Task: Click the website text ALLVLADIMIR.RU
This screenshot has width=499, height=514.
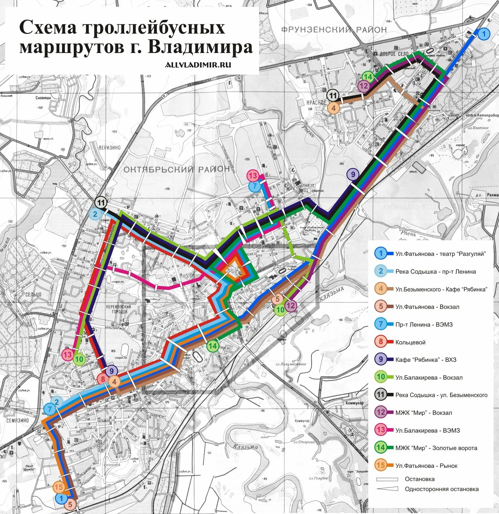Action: [198, 65]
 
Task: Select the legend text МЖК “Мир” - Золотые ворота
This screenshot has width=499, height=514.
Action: [436, 448]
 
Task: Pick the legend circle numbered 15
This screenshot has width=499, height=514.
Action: [381, 466]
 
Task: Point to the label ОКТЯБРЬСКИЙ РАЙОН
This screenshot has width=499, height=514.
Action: [176, 169]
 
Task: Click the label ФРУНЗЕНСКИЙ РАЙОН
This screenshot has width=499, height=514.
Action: [334, 30]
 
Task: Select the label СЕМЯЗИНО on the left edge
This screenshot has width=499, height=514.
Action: [17, 420]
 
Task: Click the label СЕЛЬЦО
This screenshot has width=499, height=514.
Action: [33, 294]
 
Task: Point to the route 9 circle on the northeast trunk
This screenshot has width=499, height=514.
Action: [353, 174]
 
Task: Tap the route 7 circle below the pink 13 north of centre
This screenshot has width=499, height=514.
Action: [255, 186]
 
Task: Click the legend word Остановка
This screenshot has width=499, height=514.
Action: [419, 479]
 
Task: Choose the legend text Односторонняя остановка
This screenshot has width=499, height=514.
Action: [441, 489]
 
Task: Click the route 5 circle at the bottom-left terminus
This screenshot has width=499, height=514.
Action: [71, 504]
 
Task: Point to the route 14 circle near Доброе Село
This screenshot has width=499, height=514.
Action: [368, 77]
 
